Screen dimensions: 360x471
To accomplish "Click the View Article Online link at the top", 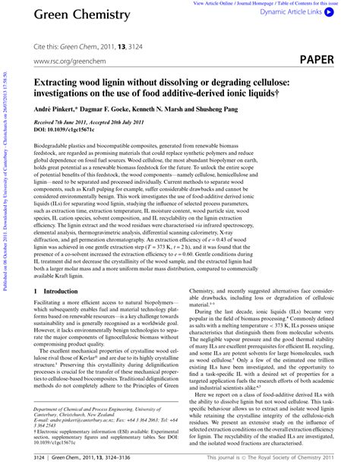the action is (x=226, y=3).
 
